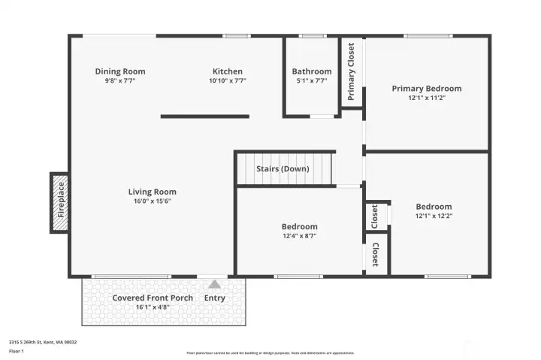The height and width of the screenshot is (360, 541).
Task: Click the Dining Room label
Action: (120, 71)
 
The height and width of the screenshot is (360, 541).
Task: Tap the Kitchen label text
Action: (228, 71)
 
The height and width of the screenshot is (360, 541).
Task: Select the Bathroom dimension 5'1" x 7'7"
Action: (311, 80)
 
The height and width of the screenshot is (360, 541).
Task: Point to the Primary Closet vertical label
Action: (351, 71)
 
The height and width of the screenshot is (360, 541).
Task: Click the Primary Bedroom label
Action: (427, 89)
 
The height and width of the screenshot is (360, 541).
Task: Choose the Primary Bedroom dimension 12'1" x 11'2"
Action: (427, 98)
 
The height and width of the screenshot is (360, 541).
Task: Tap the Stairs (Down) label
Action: (283, 168)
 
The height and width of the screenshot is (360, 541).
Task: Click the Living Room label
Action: (153, 192)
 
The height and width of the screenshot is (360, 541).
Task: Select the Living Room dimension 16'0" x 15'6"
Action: (153, 201)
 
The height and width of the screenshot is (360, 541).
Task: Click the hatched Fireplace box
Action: (60, 202)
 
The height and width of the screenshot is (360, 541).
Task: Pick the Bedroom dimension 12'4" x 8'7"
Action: (300, 236)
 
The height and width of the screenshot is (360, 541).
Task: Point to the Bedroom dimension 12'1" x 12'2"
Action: (434, 216)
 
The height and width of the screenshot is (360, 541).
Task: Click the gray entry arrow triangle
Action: (215, 285)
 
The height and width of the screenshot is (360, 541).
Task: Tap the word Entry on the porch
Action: (215, 298)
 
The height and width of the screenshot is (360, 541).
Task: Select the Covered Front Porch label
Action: (153, 298)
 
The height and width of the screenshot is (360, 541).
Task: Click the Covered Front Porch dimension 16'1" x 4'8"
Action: (153, 307)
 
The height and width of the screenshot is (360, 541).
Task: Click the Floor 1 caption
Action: (17, 351)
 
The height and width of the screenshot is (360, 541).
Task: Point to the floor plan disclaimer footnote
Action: (270, 352)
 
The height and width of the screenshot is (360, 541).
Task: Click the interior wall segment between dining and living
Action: (204, 116)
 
